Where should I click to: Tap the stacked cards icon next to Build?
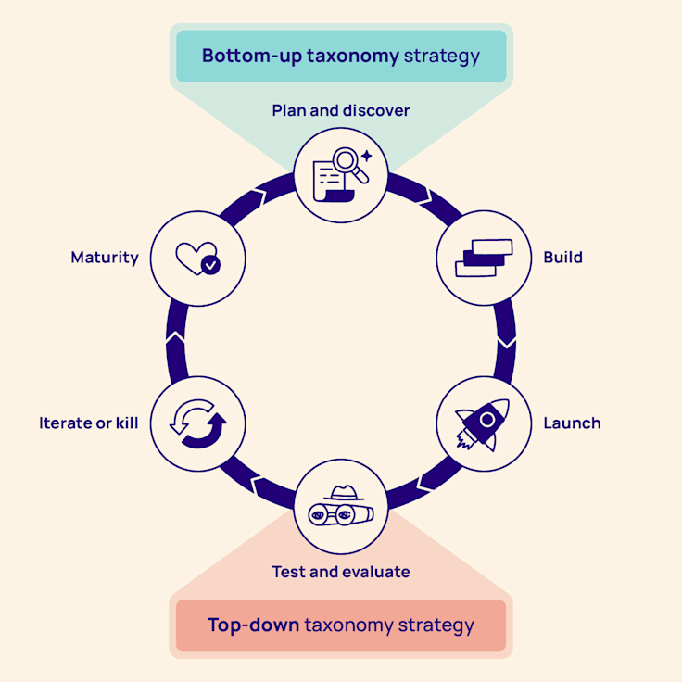click(x=483, y=258)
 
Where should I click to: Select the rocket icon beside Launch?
click(x=483, y=423)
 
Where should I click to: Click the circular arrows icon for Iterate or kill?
click(x=197, y=424)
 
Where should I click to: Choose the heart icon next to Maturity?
click(x=197, y=257)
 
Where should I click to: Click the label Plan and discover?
click(x=340, y=110)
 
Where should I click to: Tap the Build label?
click(x=562, y=257)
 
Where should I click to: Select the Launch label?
click(x=572, y=423)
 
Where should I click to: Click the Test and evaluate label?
click(x=340, y=572)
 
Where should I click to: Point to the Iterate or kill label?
click(x=88, y=423)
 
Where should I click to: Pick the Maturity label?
click(x=104, y=257)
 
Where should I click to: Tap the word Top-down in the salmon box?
click(x=253, y=625)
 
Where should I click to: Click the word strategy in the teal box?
click(x=442, y=56)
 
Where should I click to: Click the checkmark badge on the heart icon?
click(x=211, y=265)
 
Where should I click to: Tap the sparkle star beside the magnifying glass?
click(x=367, y=156)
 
